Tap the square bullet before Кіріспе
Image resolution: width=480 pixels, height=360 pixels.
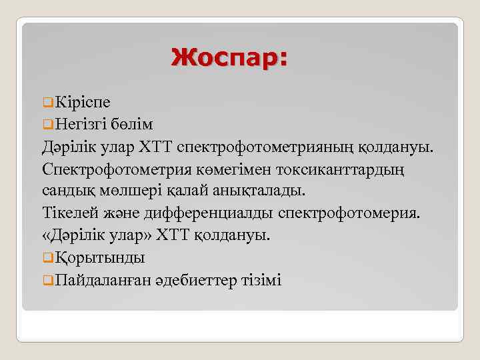tap(47, 103)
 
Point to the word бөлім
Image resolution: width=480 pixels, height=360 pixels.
tap(135, 124)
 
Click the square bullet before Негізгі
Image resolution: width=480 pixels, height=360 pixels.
tap(47, 125)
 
